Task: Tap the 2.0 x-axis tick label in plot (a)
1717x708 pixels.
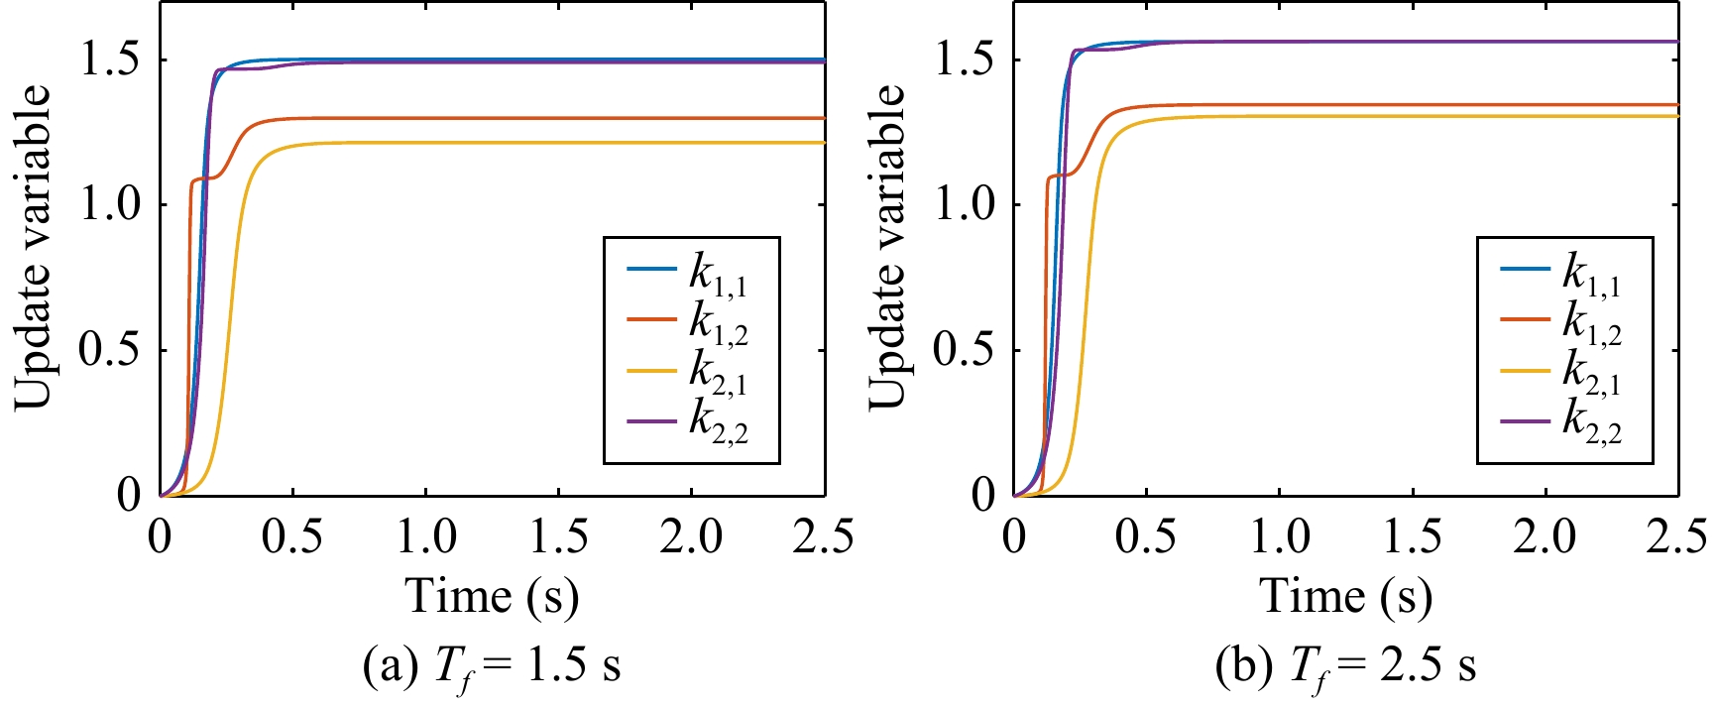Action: point(692,536)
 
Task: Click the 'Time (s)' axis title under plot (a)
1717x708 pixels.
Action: point(492,597)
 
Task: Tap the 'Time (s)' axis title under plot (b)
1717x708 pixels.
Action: point(1345,597)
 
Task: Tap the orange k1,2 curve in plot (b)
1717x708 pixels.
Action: point(1388,105)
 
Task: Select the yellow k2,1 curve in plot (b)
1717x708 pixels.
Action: point(1388,116)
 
